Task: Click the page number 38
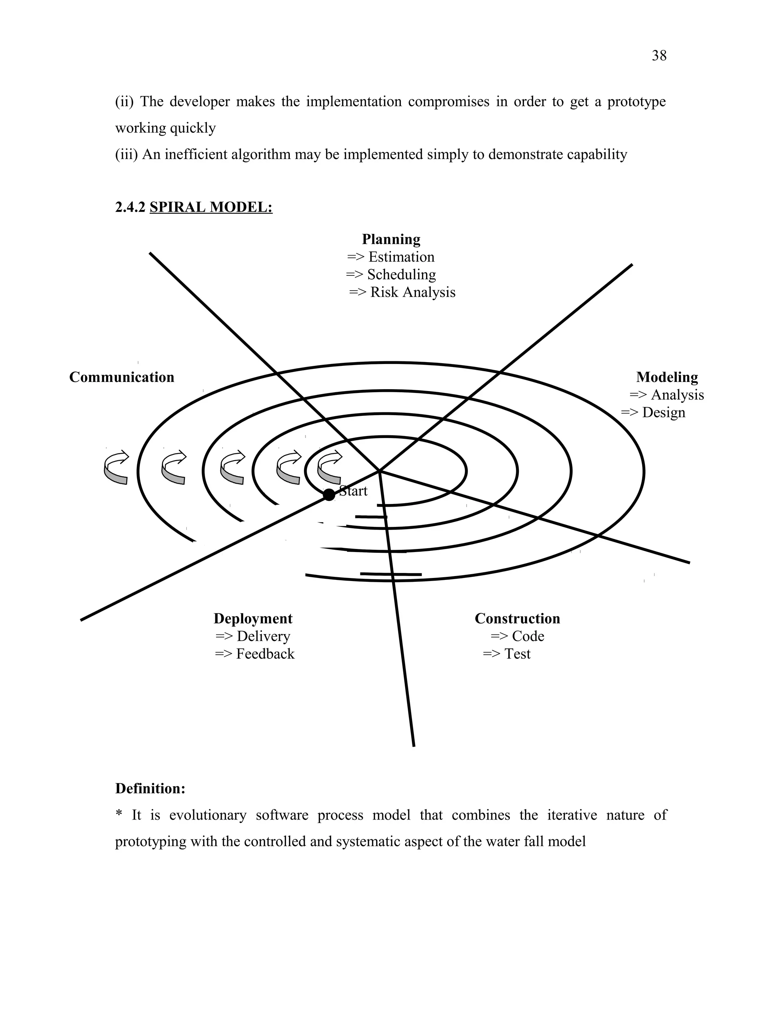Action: point(659,56)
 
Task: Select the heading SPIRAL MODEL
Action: point(211,207)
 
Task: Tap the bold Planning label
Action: point(391,239)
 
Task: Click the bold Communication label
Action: point(122,377)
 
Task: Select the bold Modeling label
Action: point(667,377)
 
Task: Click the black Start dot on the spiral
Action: point(329,495)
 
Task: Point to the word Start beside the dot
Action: point(354,491)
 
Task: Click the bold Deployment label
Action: point(253,618)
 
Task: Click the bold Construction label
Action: point(517,618)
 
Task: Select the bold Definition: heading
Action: point(150,788)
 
